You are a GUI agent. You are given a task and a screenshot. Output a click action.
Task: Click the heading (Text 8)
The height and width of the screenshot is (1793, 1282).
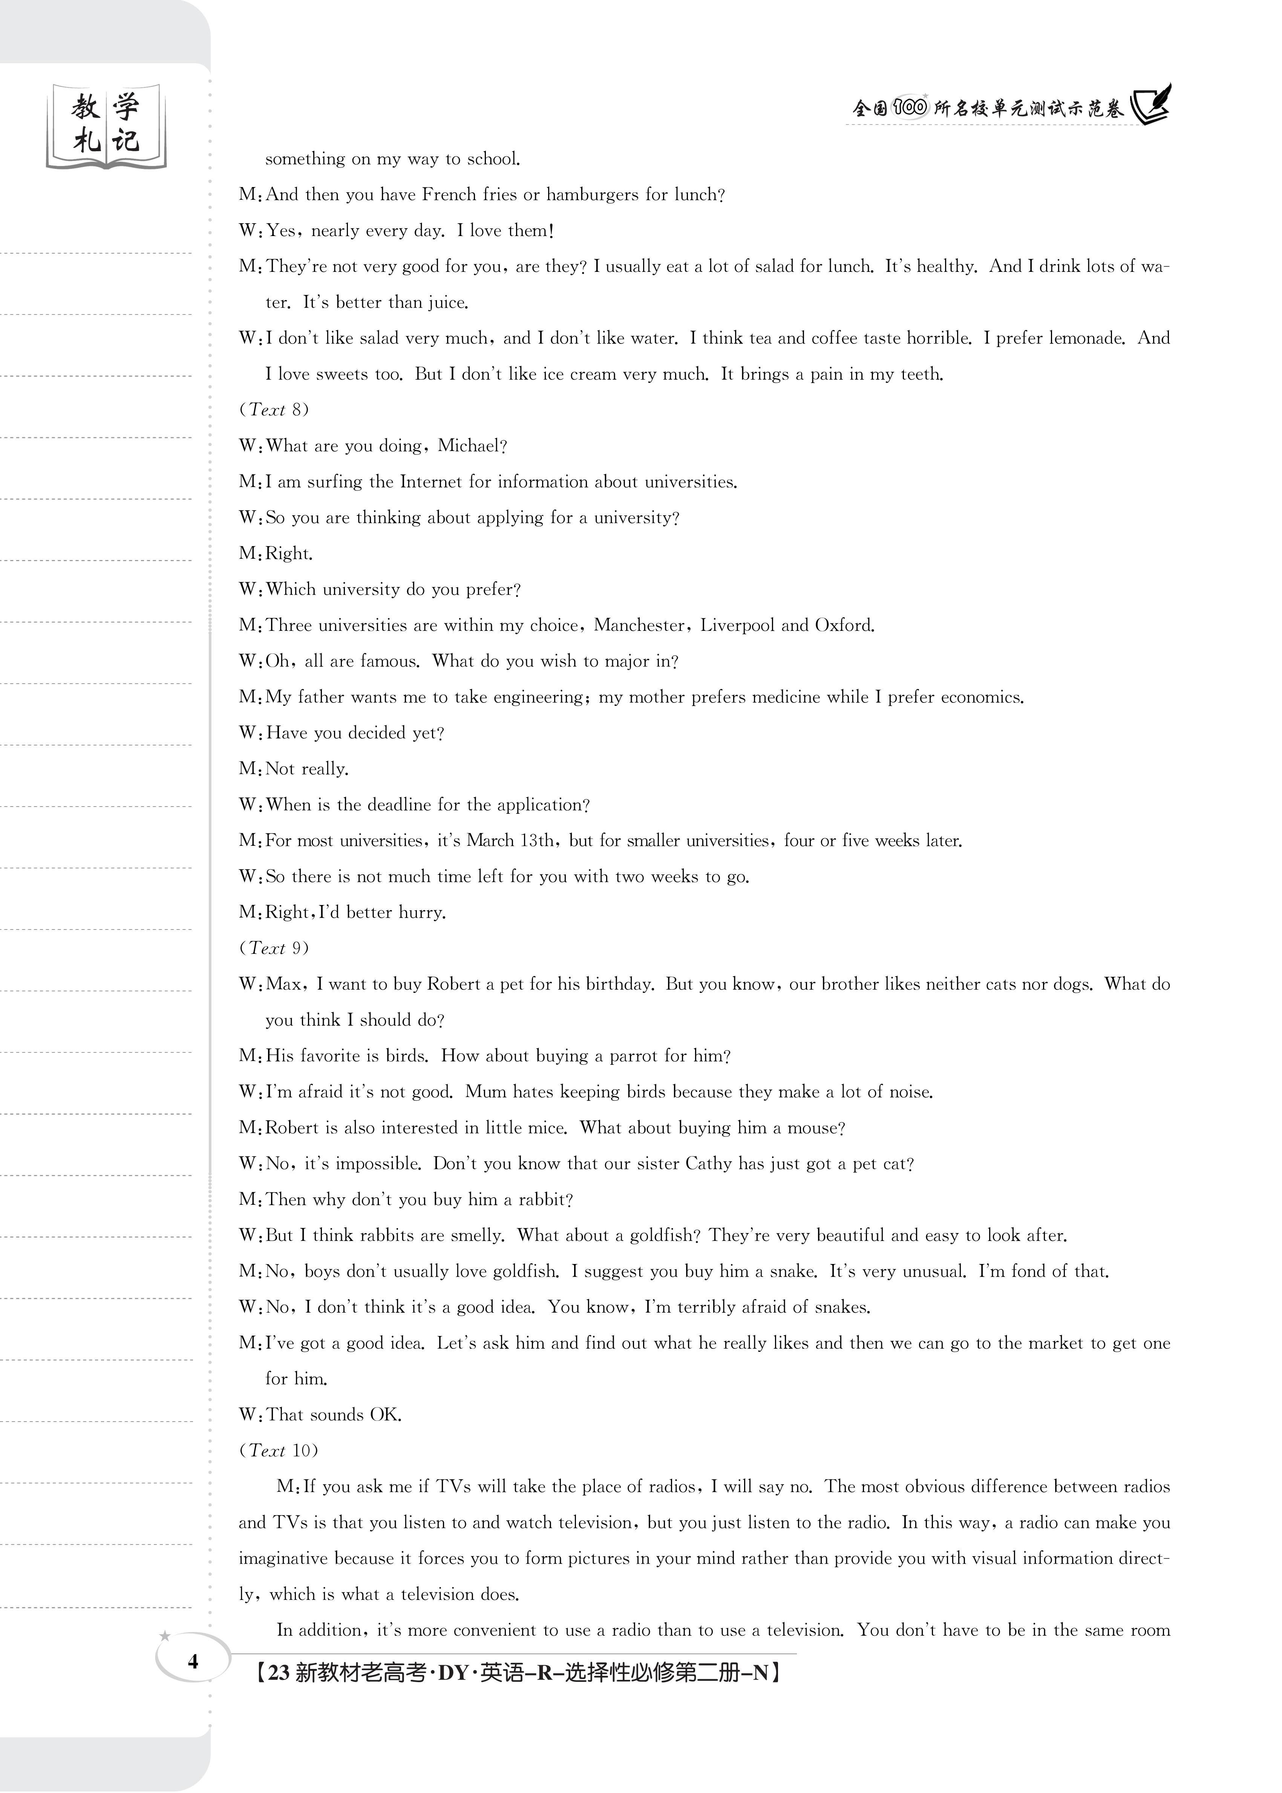274,410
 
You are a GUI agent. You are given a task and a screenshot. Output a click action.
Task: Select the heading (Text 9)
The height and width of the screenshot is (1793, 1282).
274,948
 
